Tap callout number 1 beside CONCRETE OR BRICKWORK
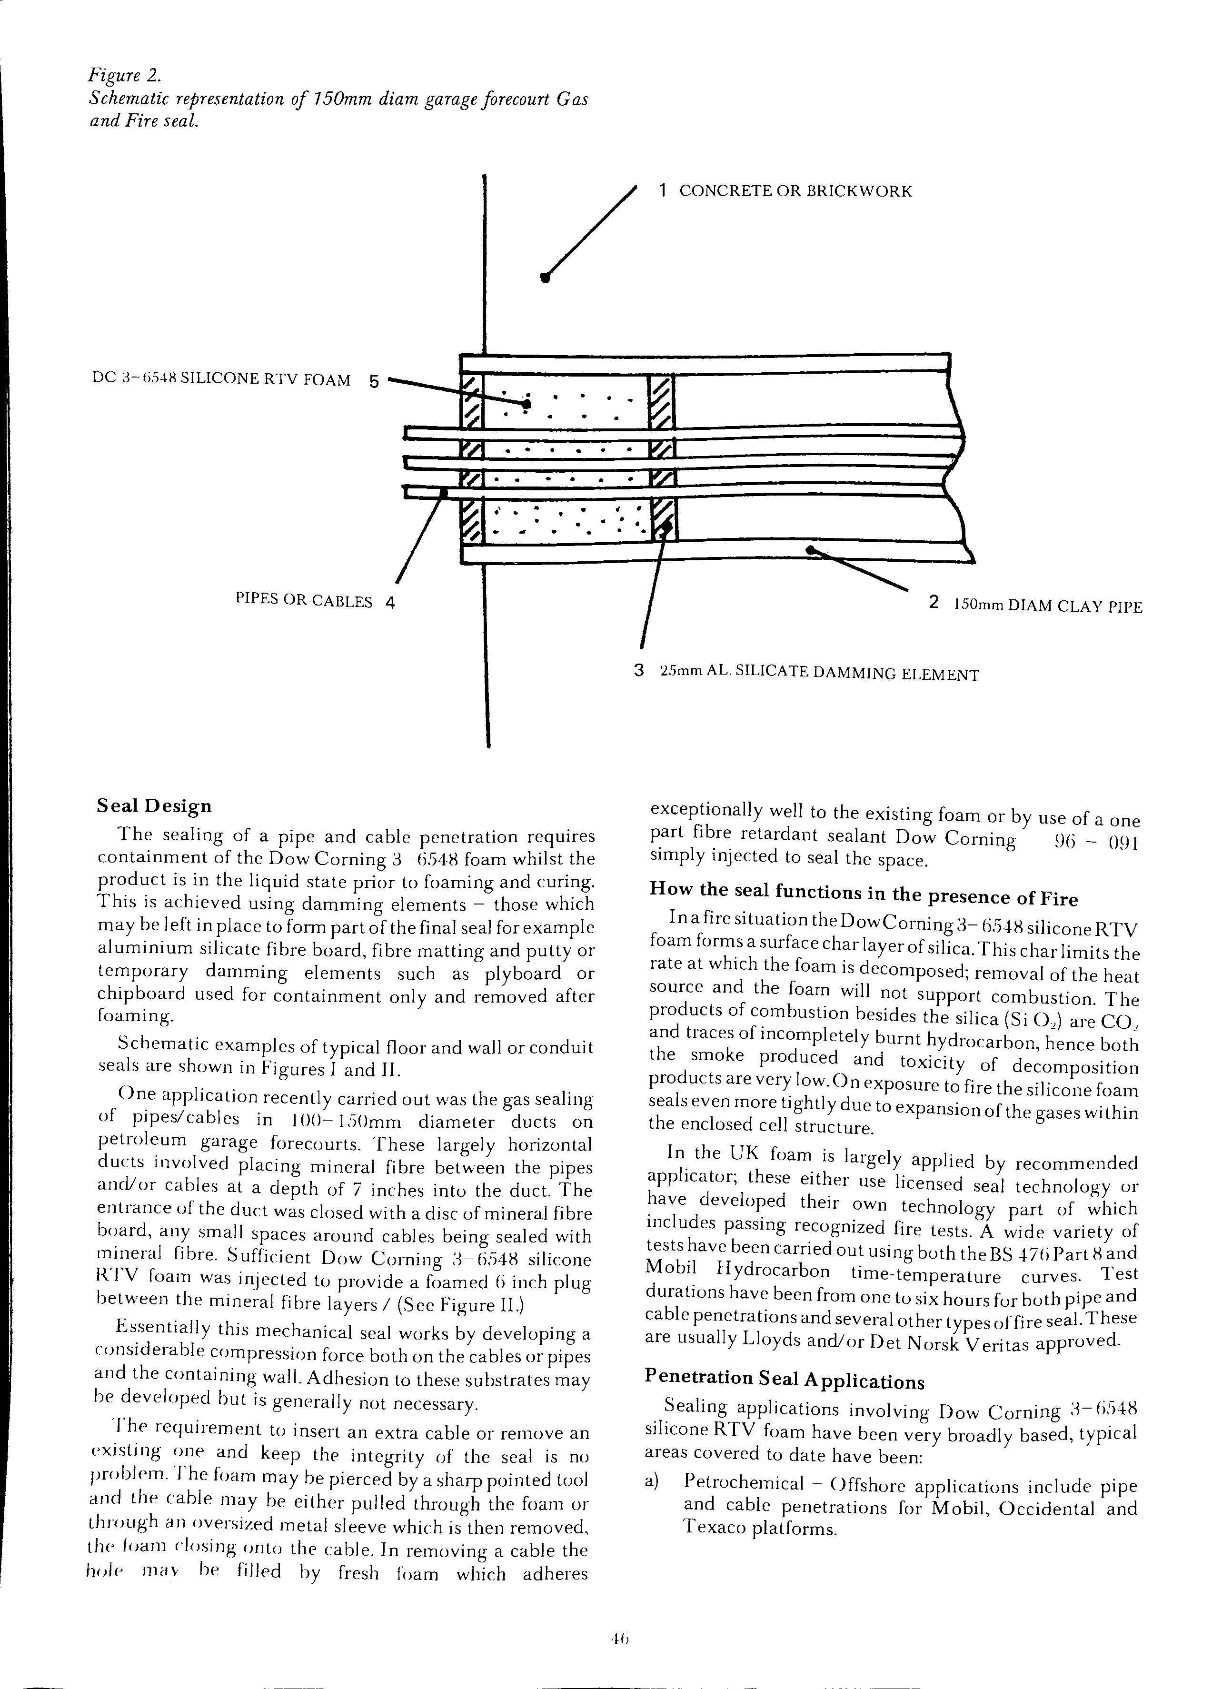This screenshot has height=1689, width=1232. point(662,191)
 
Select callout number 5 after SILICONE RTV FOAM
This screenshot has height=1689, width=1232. point(374,381)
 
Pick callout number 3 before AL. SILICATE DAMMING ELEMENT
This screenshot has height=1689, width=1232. point(638,670)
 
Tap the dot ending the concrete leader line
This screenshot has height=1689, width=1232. point(545,278)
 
